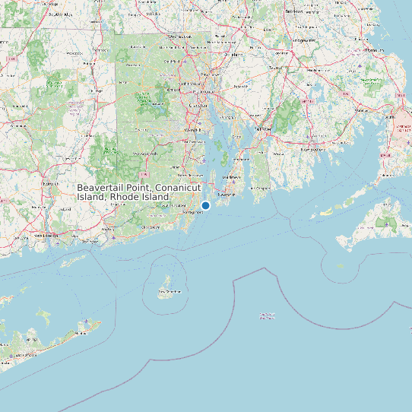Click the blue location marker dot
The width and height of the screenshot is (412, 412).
(205, 205)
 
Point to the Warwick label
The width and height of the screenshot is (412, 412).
(190, 129)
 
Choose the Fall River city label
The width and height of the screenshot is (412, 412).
(262, 129)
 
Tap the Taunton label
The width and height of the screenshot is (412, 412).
(274, 68)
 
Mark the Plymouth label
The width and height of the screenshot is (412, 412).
(372, 49)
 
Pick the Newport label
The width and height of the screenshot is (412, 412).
(227, 194)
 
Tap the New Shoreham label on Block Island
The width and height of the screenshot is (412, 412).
(169, 291)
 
